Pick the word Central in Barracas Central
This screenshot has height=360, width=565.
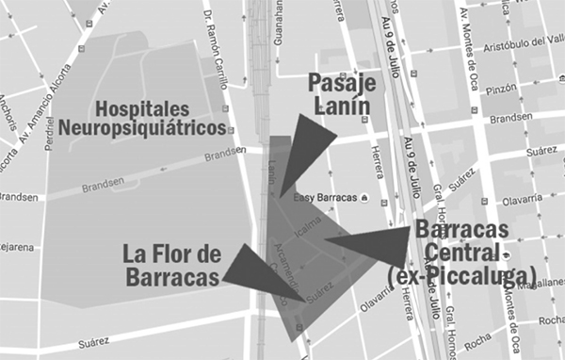pos(462,253)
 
